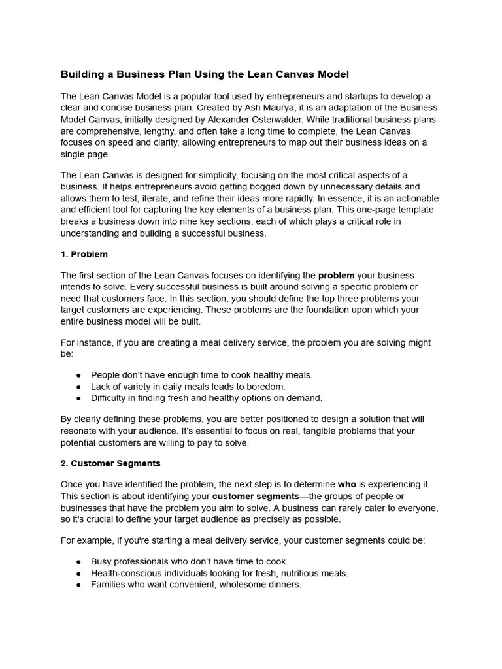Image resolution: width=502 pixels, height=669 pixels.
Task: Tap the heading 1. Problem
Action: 84,254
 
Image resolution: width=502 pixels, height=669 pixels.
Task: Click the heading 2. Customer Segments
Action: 110,463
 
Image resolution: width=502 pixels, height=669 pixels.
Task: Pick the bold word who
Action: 346,485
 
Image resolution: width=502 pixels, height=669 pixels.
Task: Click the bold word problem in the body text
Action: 336,276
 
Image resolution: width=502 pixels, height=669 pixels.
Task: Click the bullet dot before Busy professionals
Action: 79,562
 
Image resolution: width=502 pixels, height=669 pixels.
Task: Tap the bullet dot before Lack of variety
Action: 79,387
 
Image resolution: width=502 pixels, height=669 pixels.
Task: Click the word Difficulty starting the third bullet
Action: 109,398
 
